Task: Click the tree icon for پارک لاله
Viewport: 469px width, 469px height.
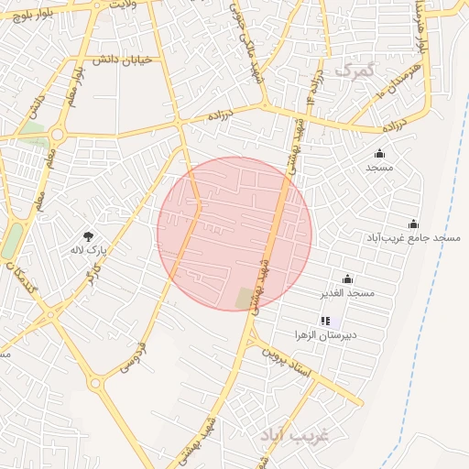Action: tap(89, 236)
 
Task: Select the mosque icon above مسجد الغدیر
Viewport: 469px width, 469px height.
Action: tap(347, 279)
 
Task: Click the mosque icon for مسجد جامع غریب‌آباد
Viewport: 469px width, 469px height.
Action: tap(413, 224)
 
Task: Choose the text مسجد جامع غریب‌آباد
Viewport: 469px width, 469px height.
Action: tap(422, 238)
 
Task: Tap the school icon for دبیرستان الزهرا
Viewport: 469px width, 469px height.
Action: tap(324, 322)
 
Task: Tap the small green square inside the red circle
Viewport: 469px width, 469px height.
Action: tap(244, 298)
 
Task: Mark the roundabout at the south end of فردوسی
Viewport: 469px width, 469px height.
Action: tap(95, 384)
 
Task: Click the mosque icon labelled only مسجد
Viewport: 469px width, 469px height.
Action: tap(379, 153)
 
